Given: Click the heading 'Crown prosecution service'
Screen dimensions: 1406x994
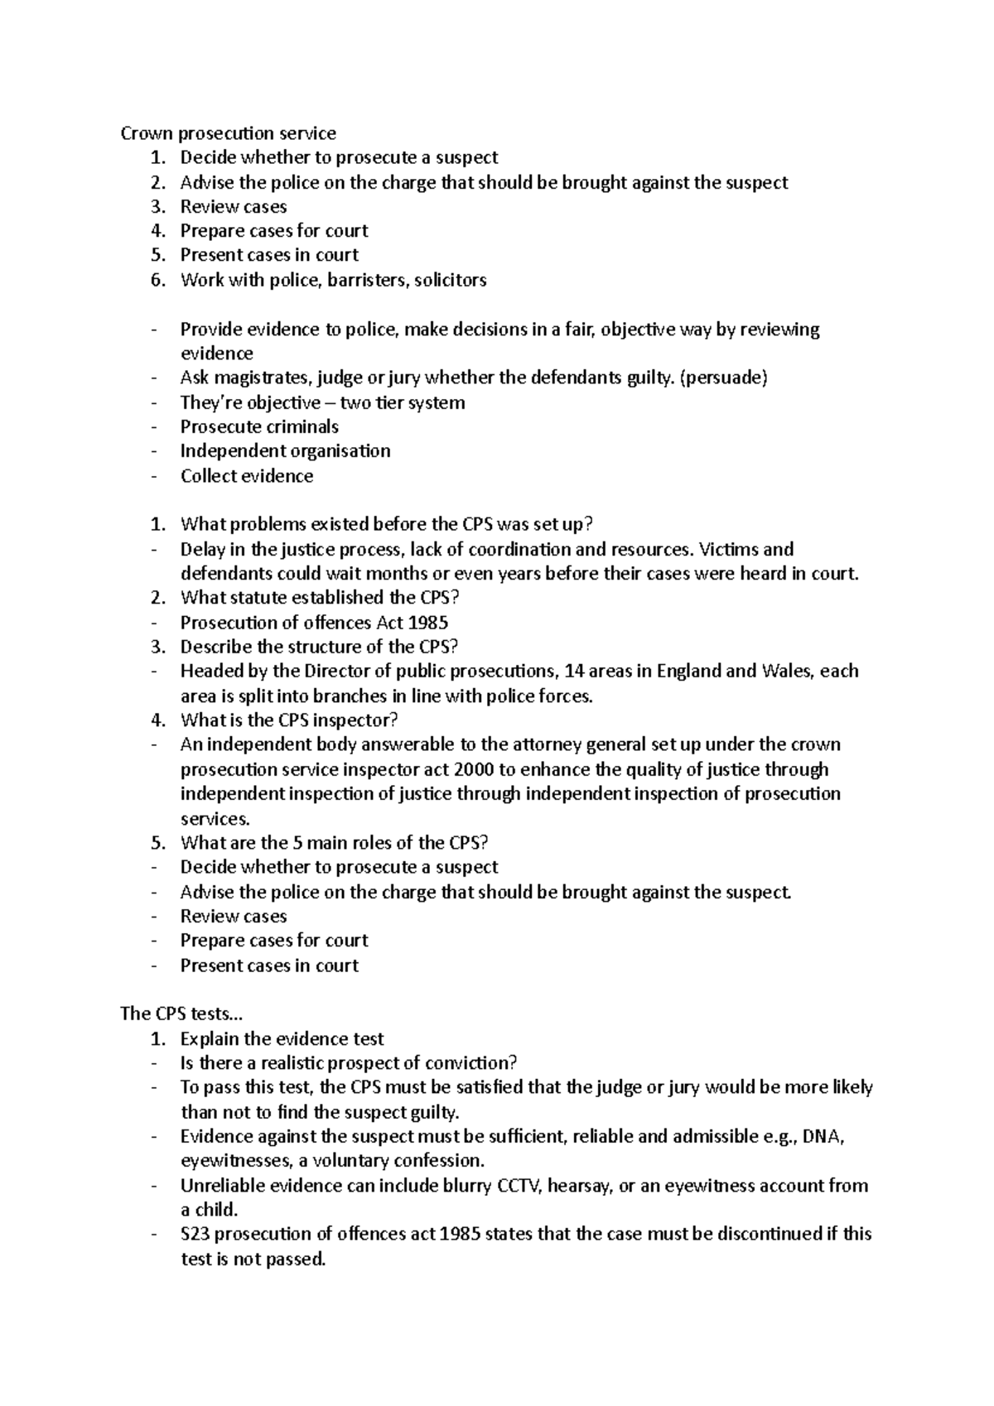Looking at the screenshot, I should [228, 133].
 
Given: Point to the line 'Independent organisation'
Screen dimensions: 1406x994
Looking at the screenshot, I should [285, 451].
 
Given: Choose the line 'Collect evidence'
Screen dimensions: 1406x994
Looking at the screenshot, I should [247, 476].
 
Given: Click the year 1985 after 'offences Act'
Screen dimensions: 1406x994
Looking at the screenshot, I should [428, 623].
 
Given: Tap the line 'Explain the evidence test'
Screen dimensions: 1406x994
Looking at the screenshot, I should [282, 1039].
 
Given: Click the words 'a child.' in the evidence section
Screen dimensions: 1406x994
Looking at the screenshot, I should [209, 1211].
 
